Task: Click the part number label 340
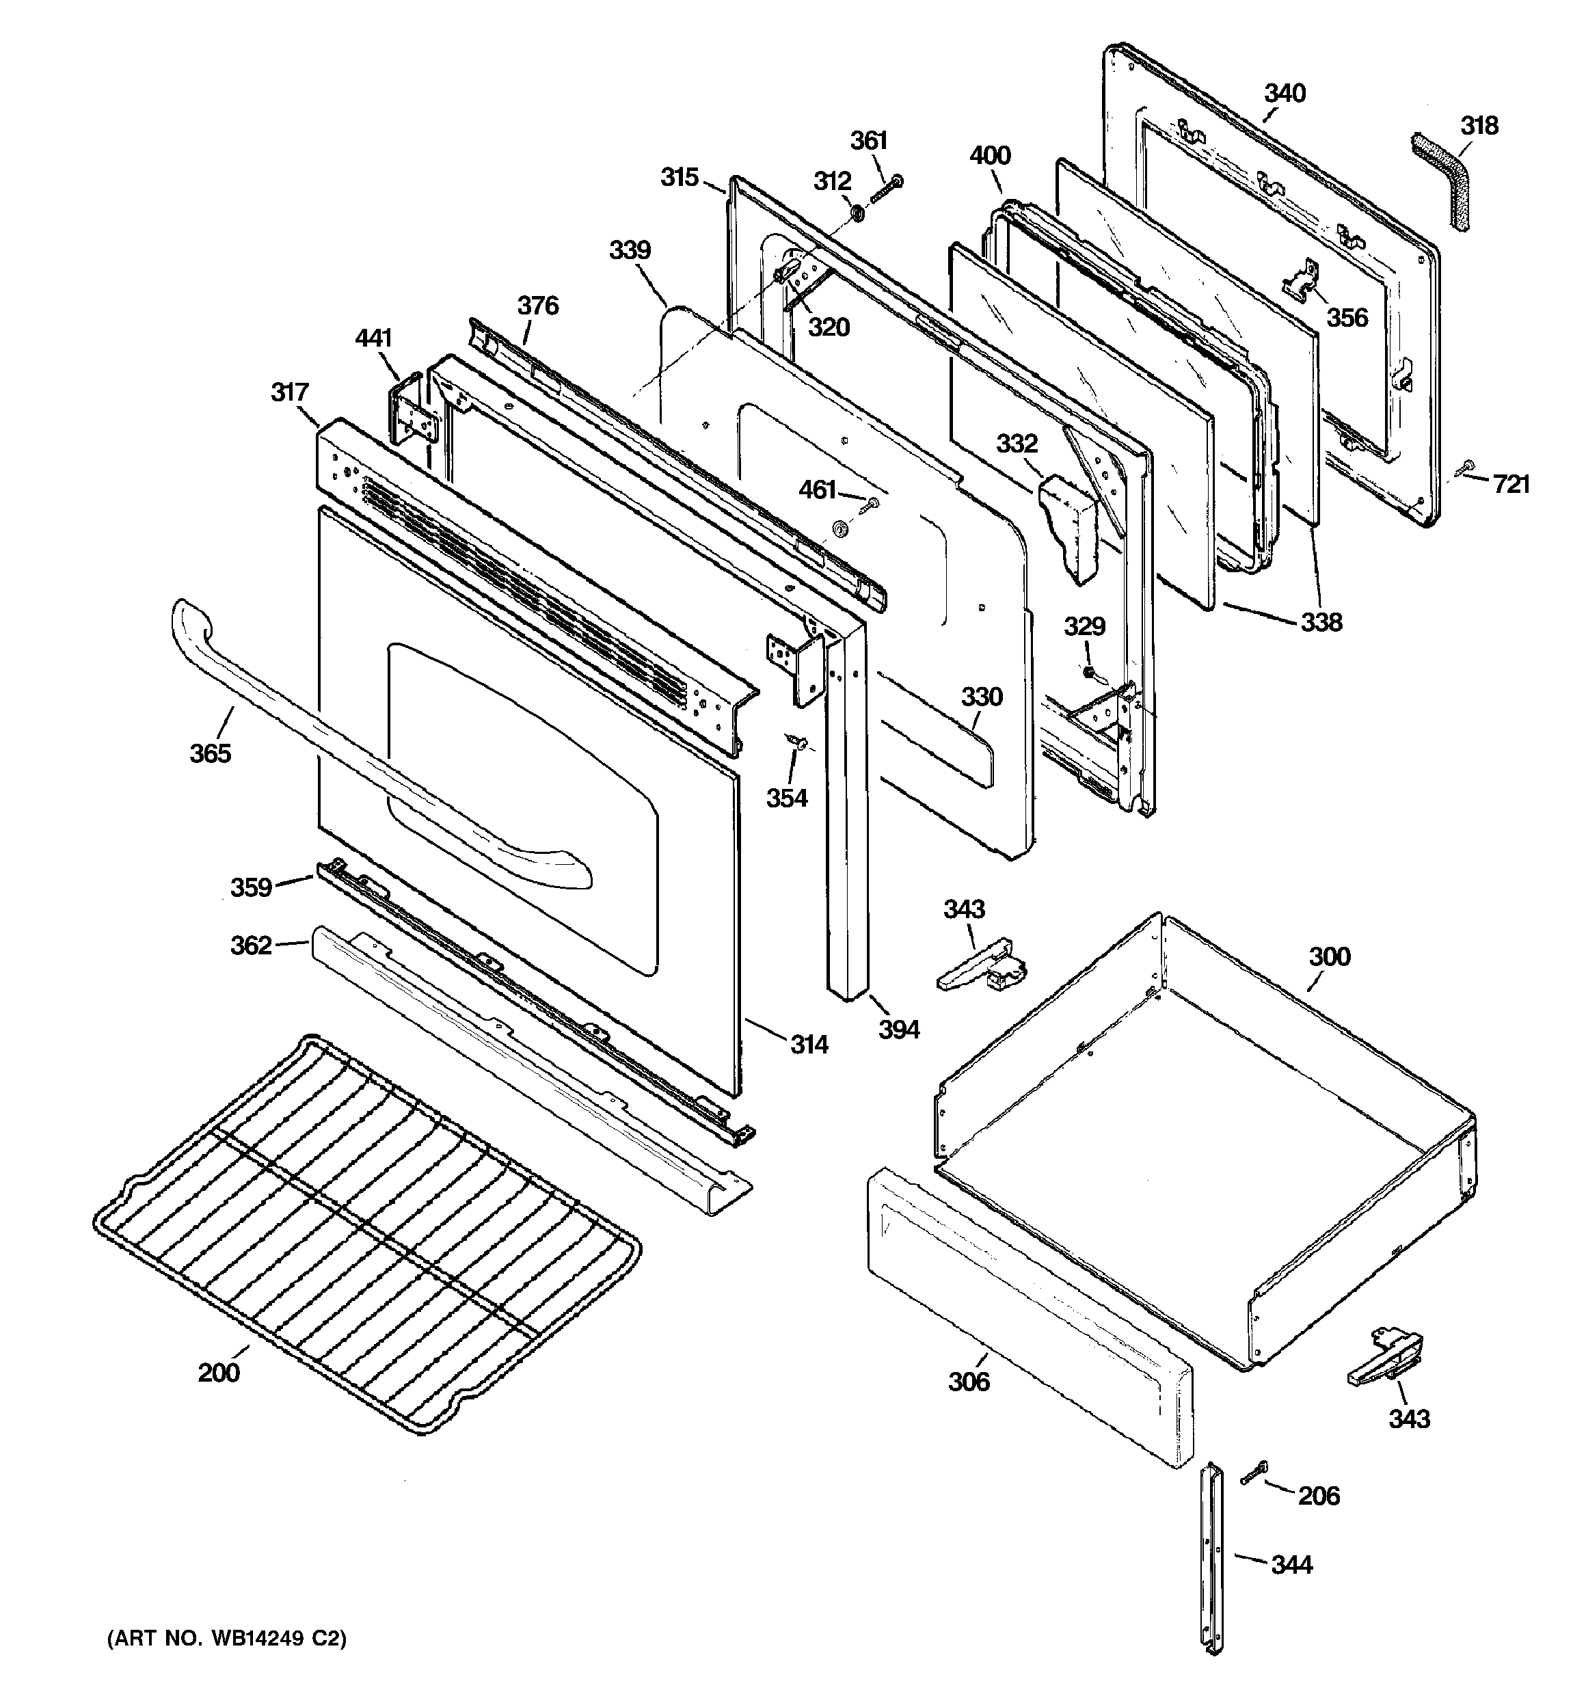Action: pyautogui.click(x=1285, y=93)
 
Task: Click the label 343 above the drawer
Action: pyautogui.click(x=964, y=909)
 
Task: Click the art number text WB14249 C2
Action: pyautogui.click(x=226, y=1639)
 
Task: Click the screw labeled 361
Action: pyautogui.click(x=885, y=189)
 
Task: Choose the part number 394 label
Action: pyautogui.click(x=899, y=1029)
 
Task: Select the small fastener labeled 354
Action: pyautogui.click(x=798, y=743)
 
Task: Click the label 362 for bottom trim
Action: pyautogui.click(x=251, y=945)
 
